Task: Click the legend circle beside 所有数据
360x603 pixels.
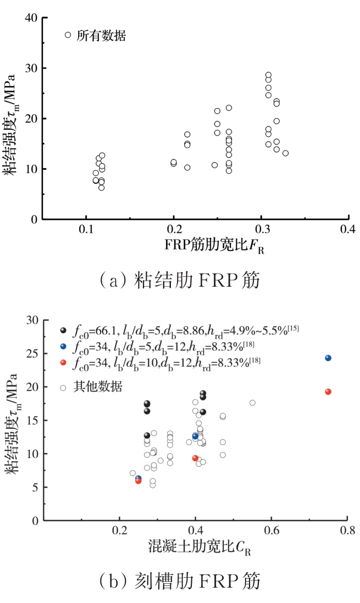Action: pos(68,35)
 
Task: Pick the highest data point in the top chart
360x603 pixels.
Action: pos(268,75)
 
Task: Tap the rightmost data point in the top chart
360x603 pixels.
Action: pos(285,153)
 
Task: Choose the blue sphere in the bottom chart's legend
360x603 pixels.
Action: pos(64,347)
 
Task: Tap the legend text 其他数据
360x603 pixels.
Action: pos(99,387)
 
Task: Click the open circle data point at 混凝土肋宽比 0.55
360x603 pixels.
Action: pos(252,403)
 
